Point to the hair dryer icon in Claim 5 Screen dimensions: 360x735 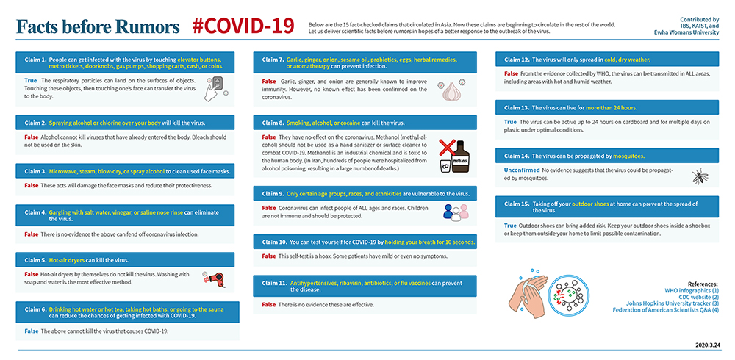click(215, 278)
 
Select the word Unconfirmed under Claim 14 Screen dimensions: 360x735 click(521, 170)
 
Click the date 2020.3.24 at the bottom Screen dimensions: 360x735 click(708, 344)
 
